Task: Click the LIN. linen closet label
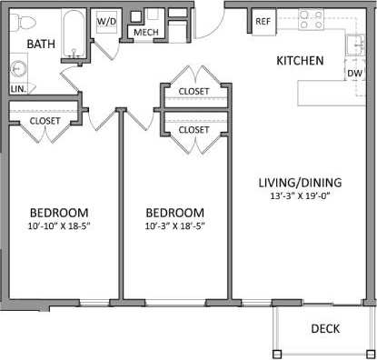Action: pos(18,89)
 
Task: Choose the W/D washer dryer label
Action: pos(107,19)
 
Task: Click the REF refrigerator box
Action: pos(263,21)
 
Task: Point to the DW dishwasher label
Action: pos(354,73)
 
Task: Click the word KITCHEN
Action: pos(301,62)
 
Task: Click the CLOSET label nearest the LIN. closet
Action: pos(45,119)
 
